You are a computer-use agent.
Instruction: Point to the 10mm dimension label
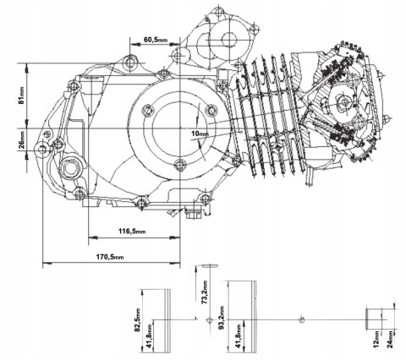point(201,134)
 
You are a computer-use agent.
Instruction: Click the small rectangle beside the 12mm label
point(372,318)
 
